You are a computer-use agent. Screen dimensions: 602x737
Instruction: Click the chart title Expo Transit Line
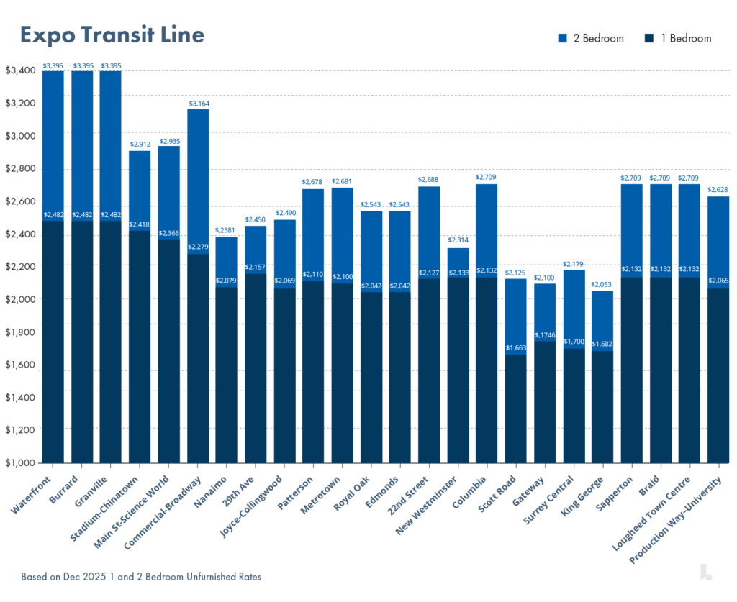click(112, 35)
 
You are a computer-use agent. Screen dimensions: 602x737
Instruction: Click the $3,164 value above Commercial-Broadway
click(199, 104)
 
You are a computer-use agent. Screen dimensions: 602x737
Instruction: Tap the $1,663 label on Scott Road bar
click(516, 348)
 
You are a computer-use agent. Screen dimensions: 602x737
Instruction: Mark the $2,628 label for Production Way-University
click(718, 190)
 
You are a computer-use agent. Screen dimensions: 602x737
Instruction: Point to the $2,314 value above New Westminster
click(458, 240)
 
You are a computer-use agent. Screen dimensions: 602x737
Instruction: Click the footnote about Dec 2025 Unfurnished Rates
click(140, 577)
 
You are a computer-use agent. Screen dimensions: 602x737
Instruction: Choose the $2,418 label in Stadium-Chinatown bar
click(140, 225)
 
